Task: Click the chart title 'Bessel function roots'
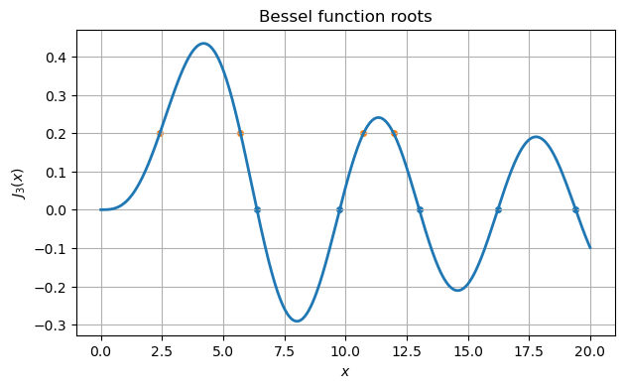coord(345,17)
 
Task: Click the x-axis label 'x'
coord(345,372)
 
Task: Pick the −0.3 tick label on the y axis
coord(53,324)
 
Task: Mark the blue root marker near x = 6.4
coord(257,209)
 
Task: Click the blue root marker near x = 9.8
coord(339,209)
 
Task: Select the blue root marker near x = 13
coord(420,209)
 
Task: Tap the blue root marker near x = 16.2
coord(498,209)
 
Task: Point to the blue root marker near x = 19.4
coord(575,209)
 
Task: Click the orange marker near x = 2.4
coord(160,133)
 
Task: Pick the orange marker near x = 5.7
coord(240,133)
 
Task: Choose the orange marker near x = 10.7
coord(363,133)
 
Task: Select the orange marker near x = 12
coord(394,133)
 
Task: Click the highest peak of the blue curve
coord(203,44)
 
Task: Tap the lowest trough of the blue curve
coord(297,321)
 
